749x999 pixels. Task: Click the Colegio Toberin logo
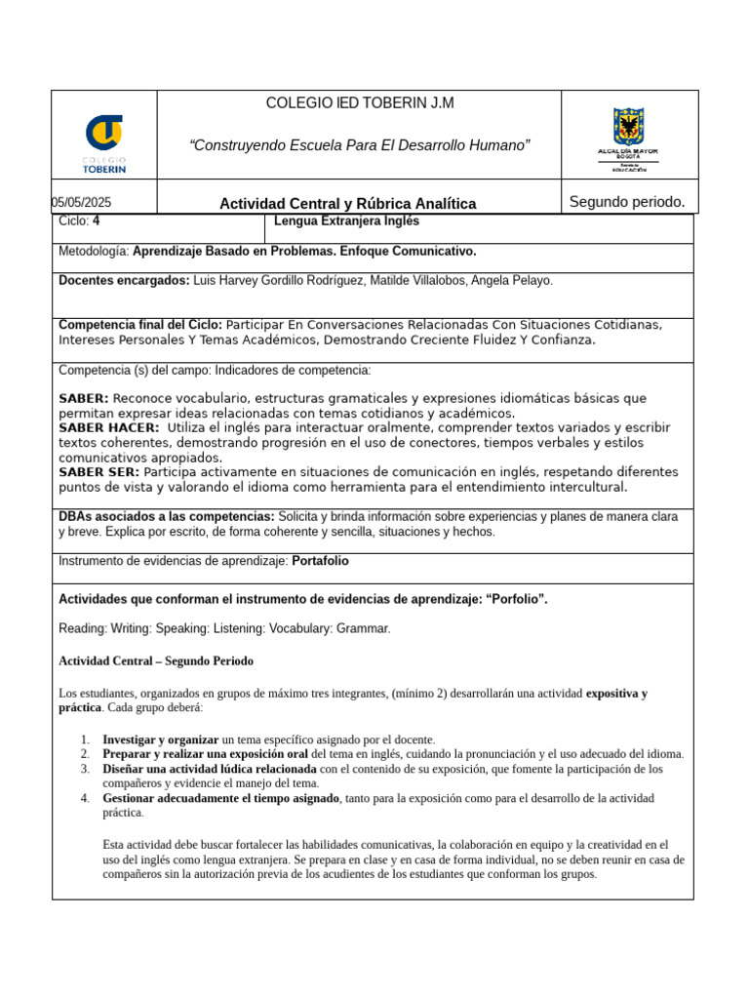click(104, 142)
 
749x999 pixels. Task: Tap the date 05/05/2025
click(83, 202)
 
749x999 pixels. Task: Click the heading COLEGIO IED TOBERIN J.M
click(360, 103)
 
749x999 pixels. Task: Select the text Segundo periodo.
click(627, 202)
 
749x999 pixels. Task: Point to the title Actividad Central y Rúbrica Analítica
click(347, 204)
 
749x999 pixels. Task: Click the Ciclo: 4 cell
click(80, 221)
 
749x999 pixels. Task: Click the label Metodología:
click(94, 252)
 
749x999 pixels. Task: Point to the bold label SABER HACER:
click(109, 427)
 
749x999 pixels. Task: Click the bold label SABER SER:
click(99, 472)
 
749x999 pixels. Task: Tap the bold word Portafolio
click(320, 562)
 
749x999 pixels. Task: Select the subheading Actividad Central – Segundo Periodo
click(156, 661)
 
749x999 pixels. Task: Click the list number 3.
click(85, 769)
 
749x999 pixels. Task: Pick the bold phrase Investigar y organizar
click(161, 739)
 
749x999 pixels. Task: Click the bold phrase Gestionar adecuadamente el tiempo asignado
click(220, 798)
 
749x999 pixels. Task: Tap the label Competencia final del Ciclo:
click(140, 325)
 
